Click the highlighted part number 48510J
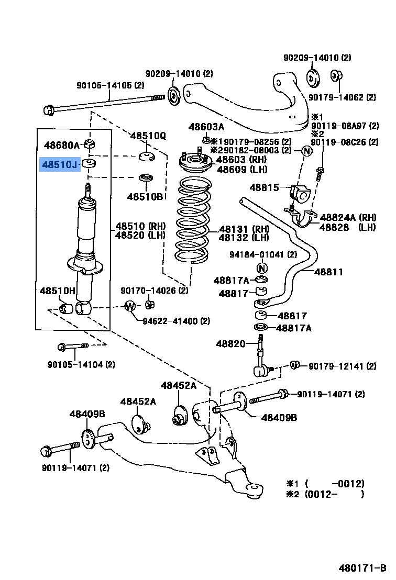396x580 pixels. tap(60, 165)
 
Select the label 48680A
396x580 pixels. tap(61, 145)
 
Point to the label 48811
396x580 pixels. tap(329, 272)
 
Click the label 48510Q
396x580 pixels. tap(148, 136)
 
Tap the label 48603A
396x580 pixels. tap(206, 127)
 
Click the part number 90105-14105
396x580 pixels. tap(110, 85)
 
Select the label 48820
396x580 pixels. tap(230, 343)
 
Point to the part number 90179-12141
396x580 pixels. tap(342, 366)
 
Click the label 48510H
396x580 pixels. tap(58, 291)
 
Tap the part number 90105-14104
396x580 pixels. tap(81, 364)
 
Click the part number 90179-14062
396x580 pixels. tap(342, 97)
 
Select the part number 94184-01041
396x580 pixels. tap(262, 254)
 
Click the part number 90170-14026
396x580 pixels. tap(154, 291)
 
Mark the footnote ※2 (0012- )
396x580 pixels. tap(325, 494)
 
